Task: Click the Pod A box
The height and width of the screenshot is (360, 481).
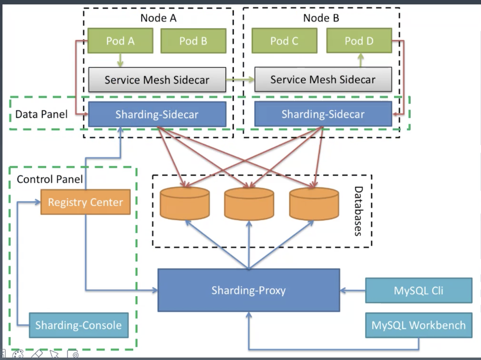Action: tap(120, 40)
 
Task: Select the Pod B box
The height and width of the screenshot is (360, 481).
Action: tap(193, 40)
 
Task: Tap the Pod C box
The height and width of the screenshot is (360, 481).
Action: tap(284, 40)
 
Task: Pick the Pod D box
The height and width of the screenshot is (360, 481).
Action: tap(359, 40)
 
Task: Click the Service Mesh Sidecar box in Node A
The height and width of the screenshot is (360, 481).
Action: tap(157, 80)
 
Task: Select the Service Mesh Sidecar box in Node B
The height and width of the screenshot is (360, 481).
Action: tap(323, 79)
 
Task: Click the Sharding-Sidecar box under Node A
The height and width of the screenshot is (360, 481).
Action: tap(157, 114)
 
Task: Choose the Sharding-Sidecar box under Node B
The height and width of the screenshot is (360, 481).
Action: tap(323, 114)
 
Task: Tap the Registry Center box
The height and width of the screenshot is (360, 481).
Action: tap(85, 202)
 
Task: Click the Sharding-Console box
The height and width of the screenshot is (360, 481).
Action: tap(79, 325)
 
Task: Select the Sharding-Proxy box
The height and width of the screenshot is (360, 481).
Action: tap(248, 290)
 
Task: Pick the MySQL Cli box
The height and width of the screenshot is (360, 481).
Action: tap(419, 290)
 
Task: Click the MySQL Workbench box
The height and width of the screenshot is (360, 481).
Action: tap(419, 325)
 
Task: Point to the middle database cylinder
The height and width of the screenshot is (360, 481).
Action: tap(249, 204)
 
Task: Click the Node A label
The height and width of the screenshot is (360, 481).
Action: tap(158, 18)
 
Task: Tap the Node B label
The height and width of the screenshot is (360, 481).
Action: tap(321, 18)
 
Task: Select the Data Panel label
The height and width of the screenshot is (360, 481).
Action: tap(41, 114)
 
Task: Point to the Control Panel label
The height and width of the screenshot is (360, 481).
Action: tap(50, 179)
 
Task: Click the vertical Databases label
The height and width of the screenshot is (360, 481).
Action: tap(358, 211)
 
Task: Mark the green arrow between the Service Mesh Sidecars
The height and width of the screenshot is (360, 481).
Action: tap(240, 80)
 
